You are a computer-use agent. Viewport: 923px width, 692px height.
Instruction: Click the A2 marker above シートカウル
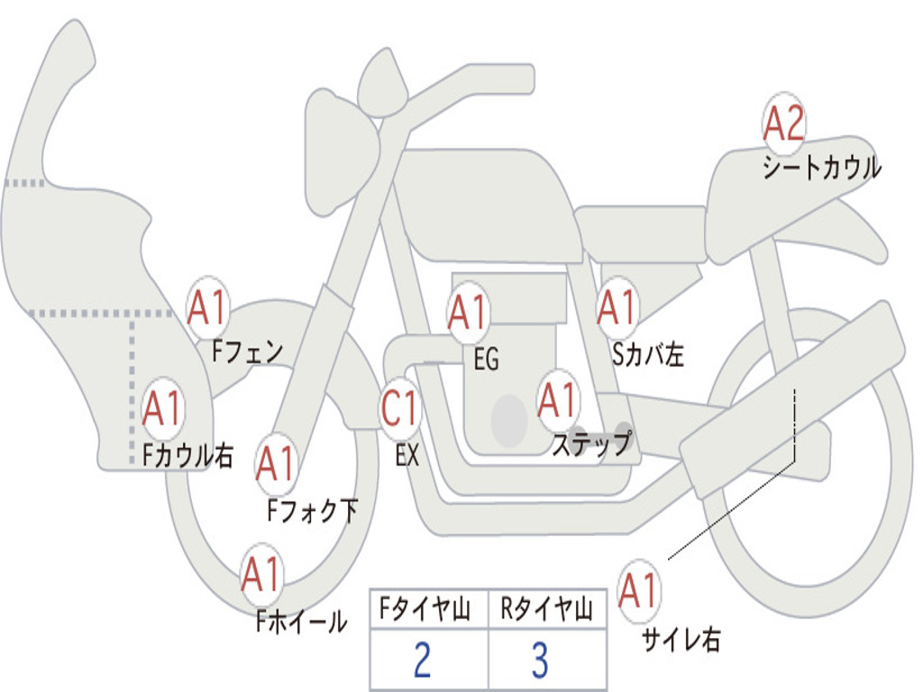tap(783, 125)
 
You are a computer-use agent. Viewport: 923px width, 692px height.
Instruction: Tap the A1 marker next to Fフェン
tap(208, 309)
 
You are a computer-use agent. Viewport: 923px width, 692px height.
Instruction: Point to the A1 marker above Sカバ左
tap(618, 308)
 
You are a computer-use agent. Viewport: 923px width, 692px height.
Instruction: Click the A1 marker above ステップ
tap(558, 401)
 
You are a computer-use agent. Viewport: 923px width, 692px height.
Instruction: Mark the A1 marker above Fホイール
tap(261, 575)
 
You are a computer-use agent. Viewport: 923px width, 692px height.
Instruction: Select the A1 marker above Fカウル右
tap(163, 410)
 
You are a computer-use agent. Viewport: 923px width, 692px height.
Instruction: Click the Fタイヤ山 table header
tap(428, 611)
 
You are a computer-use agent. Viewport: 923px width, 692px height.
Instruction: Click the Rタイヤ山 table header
tap(547, 611)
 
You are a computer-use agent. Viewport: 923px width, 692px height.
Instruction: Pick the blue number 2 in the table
tap(422, 660)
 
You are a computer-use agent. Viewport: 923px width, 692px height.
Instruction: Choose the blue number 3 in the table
tap(539, 660)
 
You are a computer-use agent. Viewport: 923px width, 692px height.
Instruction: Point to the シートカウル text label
tap(821, 168)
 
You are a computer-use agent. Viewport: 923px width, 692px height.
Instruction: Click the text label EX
tap(407, 456)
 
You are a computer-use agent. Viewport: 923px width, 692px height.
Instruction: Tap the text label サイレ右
tap(681, 641)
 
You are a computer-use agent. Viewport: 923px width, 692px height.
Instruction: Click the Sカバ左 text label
tap(648, 355)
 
